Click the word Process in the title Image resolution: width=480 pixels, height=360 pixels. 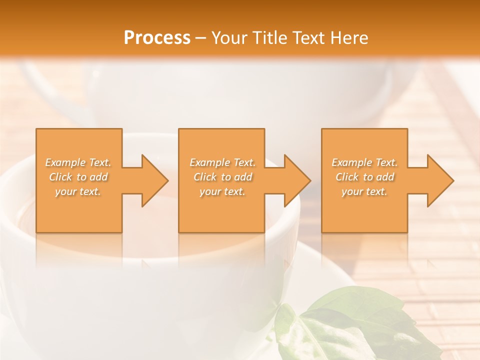(157, 38)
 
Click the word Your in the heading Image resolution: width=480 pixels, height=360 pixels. (229, 38)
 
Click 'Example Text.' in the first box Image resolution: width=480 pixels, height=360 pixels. (78, 162)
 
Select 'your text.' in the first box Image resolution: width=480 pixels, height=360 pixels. (78, 191)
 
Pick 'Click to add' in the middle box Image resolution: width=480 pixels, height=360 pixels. (222, 177)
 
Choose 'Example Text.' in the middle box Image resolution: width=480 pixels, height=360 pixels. (222, 162)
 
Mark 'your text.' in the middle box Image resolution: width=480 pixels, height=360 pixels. (222, 191)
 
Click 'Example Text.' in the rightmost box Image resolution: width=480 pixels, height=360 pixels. (364, 162)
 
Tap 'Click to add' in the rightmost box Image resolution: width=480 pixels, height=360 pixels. (364, 177)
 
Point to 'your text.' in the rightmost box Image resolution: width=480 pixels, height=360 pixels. (364, 191)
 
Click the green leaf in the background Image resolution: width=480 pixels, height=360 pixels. (345, 320)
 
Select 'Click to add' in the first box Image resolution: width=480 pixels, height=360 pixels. (78, 177)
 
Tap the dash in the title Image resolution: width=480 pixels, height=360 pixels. (200, 38)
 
